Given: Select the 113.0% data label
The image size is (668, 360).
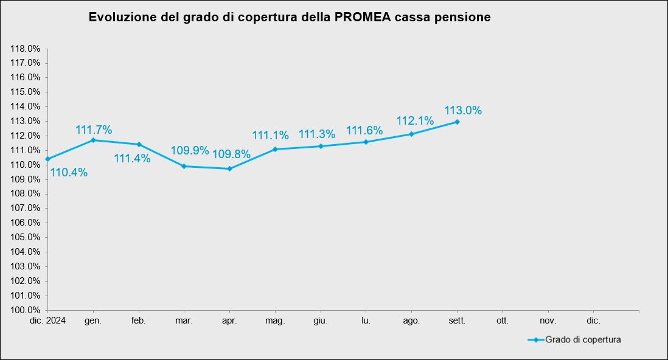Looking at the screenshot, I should click(463, 111).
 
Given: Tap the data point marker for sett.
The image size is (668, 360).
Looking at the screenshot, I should click(457, 122).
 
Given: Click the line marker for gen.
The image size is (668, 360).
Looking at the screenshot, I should click(93, 140).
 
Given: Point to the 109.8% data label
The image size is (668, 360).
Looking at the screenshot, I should click(231, 154).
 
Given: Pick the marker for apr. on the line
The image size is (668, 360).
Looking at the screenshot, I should click(229, 168).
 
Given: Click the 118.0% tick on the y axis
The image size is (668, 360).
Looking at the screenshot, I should click(26, 49).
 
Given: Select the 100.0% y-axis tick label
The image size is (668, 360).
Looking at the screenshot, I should click(26, 310).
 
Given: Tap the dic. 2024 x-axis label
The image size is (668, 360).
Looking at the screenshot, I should click(47, 320).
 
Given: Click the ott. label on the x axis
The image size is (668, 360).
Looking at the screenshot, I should click(502, 320).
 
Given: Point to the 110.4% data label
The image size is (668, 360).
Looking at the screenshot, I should click(69, 173).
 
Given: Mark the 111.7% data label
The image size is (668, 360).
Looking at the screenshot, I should click(94, 130).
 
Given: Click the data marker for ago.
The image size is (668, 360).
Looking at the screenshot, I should click(411, 134).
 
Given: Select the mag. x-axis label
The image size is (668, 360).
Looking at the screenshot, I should click(275, 320).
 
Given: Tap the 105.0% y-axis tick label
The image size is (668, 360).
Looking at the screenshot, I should click(26, 237).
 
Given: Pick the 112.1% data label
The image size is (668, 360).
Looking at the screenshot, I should click(415, 120).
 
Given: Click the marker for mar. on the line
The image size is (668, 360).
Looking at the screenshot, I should click(184, 166).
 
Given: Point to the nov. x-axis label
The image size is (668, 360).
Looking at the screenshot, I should click(548, 320).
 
